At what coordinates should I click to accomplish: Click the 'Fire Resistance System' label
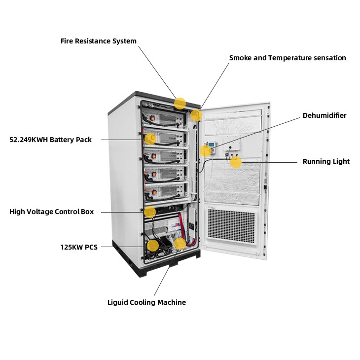click(x=98, y=41)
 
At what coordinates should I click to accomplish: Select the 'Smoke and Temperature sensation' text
click(x=288, y=58)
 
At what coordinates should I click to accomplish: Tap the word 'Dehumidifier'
click(x=324, y=115)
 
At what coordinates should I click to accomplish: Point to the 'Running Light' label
click(x=326, y=161)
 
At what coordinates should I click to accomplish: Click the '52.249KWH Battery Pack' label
click(x=51, y=140)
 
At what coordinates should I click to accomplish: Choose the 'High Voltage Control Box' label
click(x=51, y=212)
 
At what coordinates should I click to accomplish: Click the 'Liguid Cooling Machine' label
click(x=146, y=302)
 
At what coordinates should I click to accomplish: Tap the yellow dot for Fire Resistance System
click(x=180, y=103)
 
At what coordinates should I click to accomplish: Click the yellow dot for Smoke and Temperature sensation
click(x=196, y=115)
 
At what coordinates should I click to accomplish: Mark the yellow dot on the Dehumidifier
click(x=206, y=151)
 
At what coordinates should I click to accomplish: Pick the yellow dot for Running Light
click(x=236, y=162)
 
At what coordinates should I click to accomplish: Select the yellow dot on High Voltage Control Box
click(x=150, y=212)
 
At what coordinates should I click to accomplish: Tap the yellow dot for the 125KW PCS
click(x=153, y=245)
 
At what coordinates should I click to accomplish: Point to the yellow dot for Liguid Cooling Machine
click(x=180, y=243)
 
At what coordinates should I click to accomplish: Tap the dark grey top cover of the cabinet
click(x=148, y=96)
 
